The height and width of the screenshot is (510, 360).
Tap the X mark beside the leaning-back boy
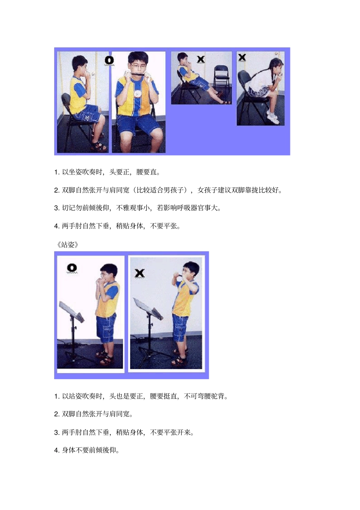click(x=201, y=59)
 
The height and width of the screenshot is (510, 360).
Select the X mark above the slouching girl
click(x=242, y=58)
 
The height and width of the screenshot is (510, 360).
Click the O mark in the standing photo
click(x=72, y=268)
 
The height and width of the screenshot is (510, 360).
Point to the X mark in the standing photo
click(x=140, y=273)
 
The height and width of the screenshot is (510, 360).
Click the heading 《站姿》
click(x=67, y=245)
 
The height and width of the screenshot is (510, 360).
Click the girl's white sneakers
click(x=273, y=118)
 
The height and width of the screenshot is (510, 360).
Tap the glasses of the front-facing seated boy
click(x=138, y=66)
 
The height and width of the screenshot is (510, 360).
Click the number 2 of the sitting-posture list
click(x=56, y=190)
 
